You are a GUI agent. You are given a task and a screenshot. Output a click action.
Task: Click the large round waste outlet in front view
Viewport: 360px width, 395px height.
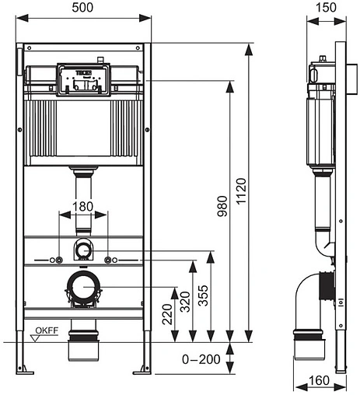click(82, 288)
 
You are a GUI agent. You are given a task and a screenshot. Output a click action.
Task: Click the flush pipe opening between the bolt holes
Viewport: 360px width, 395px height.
click(82, 250)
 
